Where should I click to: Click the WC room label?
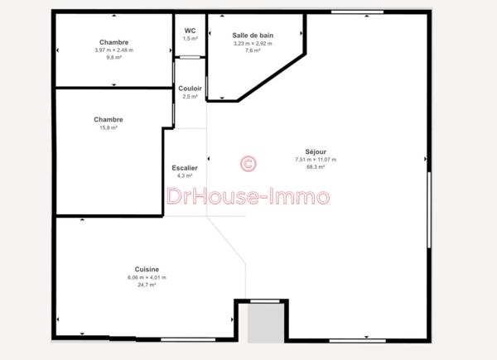(191, 31)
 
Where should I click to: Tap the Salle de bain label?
(253, 35)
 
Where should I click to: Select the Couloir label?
(190, 89)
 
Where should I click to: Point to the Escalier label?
(185, 168)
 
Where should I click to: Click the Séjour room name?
(316, 151)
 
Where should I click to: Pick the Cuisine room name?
(147, 269)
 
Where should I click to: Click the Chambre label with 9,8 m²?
(113, 42)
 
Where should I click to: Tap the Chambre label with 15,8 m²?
(109, 120)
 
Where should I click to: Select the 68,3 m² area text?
(316, 167)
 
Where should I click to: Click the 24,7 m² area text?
(147, 285)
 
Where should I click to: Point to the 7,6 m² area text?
(253, 50)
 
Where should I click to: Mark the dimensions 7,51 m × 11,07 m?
(316, 160)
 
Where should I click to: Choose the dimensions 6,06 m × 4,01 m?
(147, 277)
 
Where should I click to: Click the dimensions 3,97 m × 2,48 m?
(113, 50)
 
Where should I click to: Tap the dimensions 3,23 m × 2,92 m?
(253, 43)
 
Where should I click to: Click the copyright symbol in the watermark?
(247, 164)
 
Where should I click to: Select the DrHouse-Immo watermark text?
(248, 197)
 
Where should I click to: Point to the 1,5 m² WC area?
(191, 39)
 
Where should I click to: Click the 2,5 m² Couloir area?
(190, 97)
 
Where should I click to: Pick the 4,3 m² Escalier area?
(185, 175)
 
